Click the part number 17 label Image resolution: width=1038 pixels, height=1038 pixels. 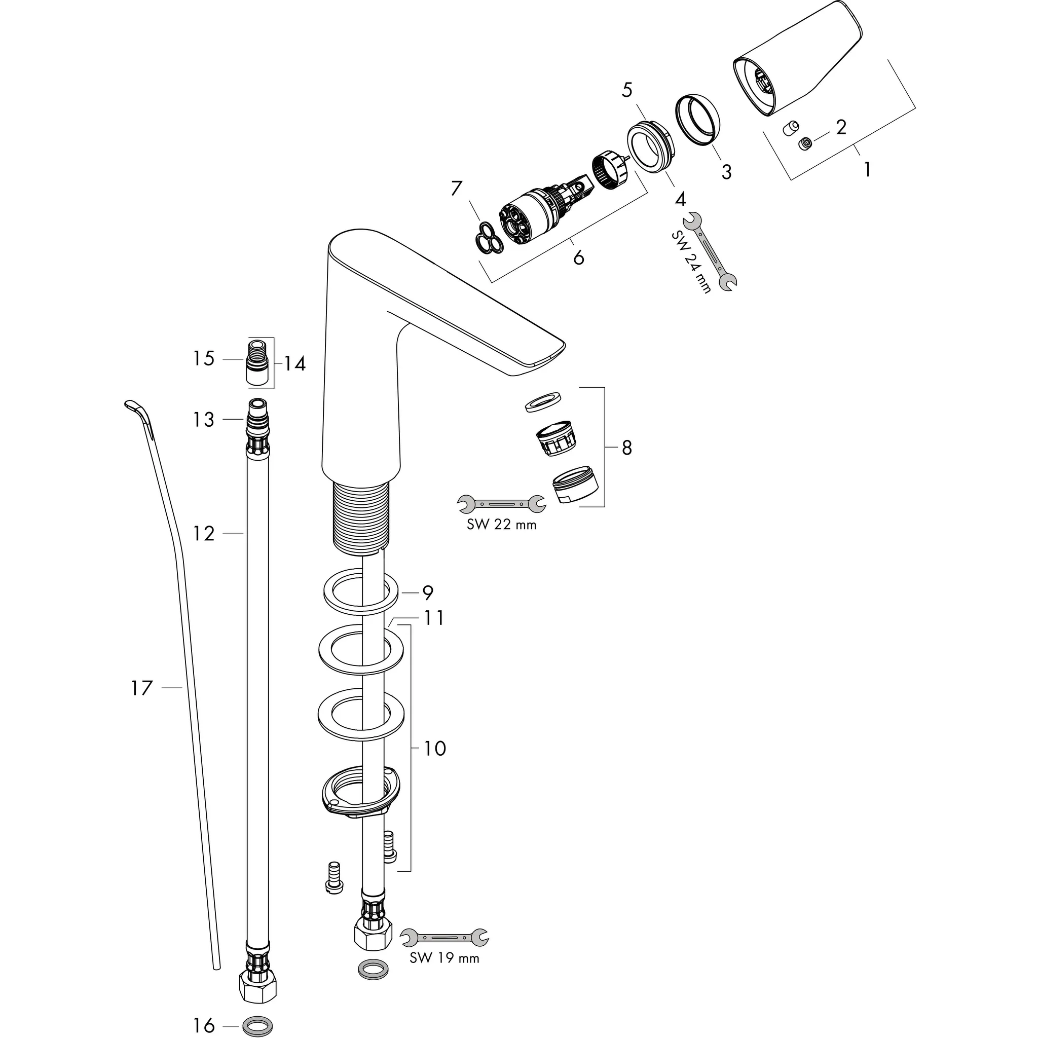point(142,688)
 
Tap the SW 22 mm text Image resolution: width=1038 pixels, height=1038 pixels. point(502,525)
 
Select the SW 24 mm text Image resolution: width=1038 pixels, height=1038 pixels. point(691,262)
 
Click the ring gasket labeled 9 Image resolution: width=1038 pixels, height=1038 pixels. point(360,592)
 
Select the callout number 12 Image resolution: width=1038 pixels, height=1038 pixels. point(204,534)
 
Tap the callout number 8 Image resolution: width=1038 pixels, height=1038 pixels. point(626,447)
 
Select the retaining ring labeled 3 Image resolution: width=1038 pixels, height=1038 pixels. point(698,120)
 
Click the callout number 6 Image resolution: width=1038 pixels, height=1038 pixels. point(578,258)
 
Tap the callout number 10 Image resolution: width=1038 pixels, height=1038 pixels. point(435,749)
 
